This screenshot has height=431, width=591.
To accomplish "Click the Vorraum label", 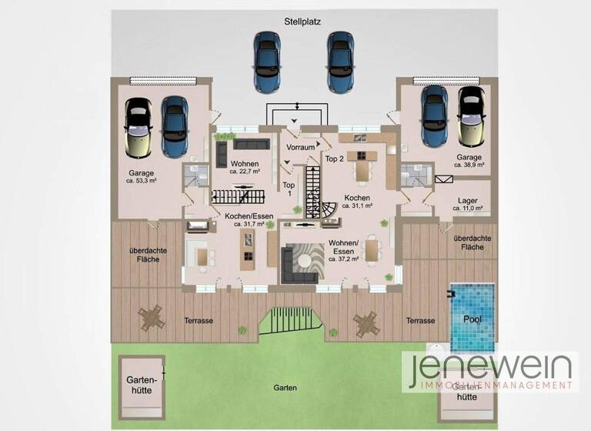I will coord(300,146).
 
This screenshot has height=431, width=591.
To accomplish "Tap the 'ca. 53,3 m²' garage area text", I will coord(142,181).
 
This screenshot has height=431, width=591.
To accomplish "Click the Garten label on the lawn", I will coord(284,388).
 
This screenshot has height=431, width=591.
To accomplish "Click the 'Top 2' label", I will coord(334,159).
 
